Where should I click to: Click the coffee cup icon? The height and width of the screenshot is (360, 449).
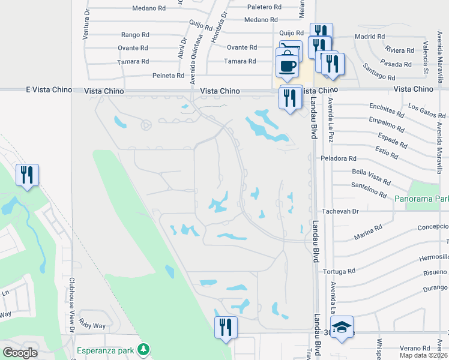[x=287, y=65]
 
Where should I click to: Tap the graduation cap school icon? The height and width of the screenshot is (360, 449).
[x=342, y=328]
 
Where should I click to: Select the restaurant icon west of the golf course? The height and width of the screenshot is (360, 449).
[x=27, y=175]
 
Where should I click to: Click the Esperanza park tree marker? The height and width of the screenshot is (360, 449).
[x=143, y=349]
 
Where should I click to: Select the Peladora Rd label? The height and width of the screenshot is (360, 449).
[x=339, y=158]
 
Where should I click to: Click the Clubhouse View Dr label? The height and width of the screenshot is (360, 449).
[x=71, y=312]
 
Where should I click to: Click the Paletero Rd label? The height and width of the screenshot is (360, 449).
[x=264, y=7]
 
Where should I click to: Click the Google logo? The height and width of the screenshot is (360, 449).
[x=20, y=353]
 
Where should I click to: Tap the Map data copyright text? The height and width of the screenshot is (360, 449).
[x=423, y=355]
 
